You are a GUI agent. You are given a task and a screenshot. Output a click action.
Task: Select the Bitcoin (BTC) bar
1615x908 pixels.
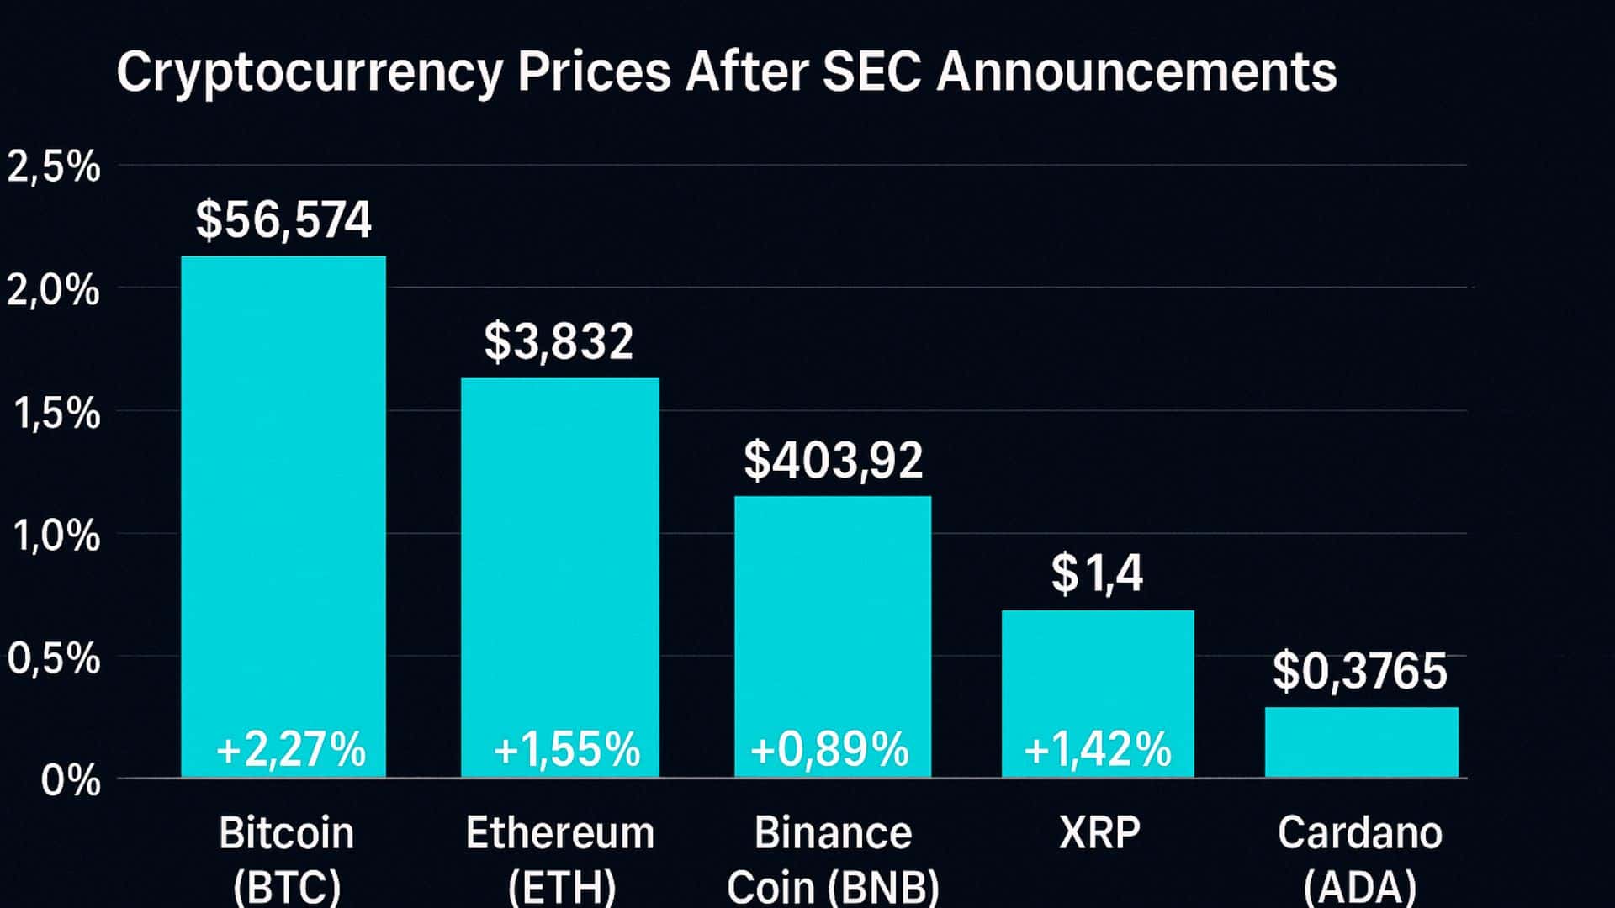click(283, 504)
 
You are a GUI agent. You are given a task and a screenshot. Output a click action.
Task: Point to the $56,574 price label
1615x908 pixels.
click(283, 220)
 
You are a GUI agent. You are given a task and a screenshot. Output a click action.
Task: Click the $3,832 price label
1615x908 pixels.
click(559, 342)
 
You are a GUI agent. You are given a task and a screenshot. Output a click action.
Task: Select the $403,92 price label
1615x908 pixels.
click(833, 461)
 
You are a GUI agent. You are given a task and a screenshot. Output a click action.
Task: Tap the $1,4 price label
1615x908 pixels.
click(1097, 574)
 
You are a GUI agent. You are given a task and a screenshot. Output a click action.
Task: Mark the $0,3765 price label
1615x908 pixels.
click(1360, 672)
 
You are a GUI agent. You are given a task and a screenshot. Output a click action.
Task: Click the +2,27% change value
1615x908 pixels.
click(291, 749)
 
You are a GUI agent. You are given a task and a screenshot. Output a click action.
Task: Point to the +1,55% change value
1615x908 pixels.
click(567, 749)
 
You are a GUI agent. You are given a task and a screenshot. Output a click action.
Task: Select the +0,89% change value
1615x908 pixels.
click(830, 749)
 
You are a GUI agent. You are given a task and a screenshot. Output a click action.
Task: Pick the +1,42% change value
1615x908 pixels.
click(1098, 749)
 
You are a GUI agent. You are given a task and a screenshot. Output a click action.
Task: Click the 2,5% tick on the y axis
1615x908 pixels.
click(54, 167)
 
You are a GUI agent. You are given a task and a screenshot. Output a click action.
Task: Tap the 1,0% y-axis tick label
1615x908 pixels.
click(56, 536)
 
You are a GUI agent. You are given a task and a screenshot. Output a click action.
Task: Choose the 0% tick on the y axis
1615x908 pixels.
click(71, 781)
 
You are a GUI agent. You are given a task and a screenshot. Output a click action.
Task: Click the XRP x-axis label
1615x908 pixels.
click(1099, 833)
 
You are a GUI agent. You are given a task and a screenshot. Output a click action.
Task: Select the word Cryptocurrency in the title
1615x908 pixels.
click(310, 73)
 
